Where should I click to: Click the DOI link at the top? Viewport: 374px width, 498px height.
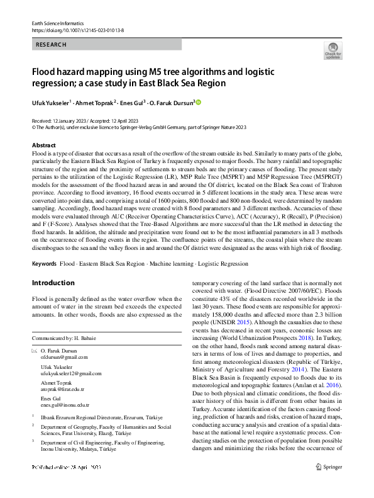(x=70, y=30)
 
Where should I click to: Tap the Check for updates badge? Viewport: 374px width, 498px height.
(x=333, y=50)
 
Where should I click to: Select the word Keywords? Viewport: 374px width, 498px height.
(x=45, y=263)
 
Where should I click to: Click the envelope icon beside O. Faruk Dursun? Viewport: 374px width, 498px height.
(x=34, y=350)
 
